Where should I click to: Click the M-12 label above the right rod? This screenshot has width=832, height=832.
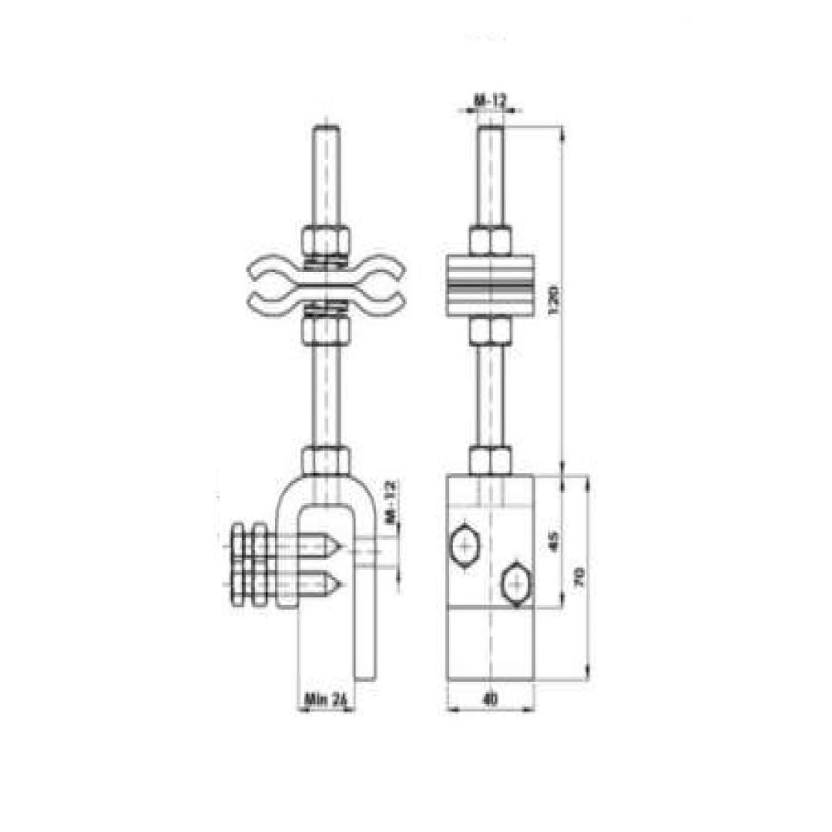(489, 100)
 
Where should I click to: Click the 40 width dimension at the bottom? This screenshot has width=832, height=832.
(489, 699)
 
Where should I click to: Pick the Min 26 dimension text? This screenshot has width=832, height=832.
(327, 699)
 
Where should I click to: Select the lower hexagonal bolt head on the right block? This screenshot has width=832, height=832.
(515, 585)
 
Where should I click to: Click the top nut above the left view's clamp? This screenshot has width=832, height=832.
(327, 240)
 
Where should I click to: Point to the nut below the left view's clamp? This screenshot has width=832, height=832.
(327, 331)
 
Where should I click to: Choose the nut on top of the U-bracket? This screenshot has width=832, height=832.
(327, 460)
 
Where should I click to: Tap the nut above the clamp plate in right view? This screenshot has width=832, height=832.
(490, 240)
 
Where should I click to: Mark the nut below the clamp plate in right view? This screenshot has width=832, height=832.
(490, 331)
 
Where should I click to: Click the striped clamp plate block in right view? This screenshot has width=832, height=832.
(490, 285)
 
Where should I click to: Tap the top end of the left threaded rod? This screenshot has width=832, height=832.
(327, 129)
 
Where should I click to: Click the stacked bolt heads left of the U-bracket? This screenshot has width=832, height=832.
(250, 565)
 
